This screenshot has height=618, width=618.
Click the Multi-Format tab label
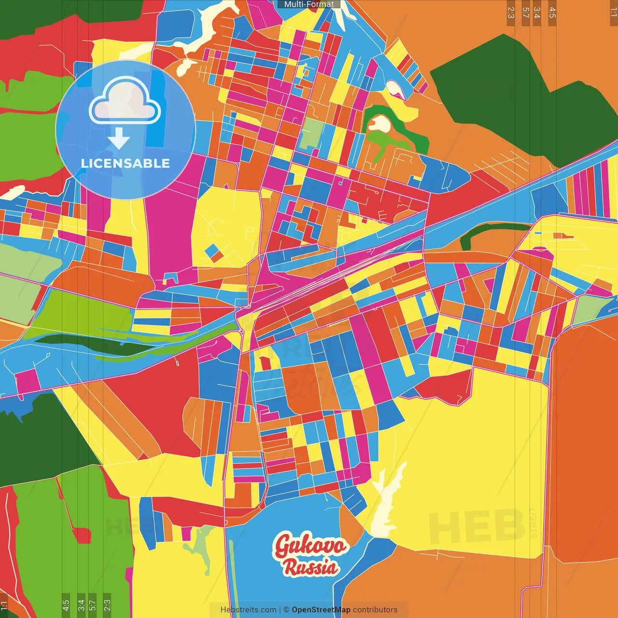(309, 4)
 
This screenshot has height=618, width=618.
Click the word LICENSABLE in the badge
(126, 164)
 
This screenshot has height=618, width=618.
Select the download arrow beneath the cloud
(119, 139)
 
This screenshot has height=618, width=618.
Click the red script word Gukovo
(310, 546)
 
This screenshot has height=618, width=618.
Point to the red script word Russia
(310, 567)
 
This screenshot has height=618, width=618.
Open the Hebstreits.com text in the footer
(248, 610)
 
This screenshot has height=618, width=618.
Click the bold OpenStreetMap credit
(321, 610)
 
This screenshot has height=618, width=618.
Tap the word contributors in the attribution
(375, 610)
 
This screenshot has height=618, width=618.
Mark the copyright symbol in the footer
(286, 610)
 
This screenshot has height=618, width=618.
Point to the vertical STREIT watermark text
(533, 522)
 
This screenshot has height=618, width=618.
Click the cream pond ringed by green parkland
(379, 124)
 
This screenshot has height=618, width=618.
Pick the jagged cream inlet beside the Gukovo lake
(386, 502)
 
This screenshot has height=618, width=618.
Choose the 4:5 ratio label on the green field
(66, 604)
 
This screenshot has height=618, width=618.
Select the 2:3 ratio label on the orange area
(511, 13)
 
